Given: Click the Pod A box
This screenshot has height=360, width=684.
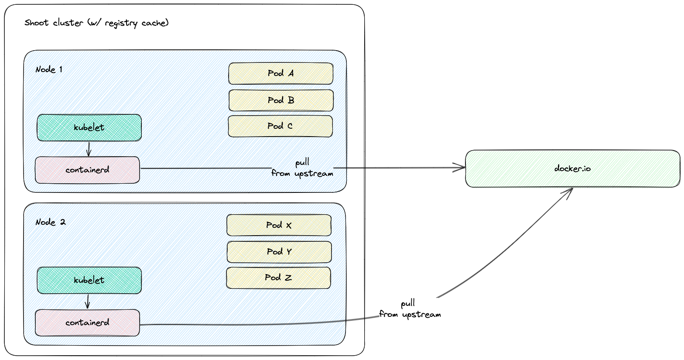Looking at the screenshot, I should pos(280,73).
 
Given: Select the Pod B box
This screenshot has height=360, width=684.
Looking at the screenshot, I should pos(281,100).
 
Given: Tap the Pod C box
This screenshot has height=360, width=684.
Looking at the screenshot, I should pos(280,126).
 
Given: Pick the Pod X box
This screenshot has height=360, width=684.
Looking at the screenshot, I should pos(279,225).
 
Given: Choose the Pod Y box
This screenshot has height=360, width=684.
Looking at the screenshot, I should pos(279,252).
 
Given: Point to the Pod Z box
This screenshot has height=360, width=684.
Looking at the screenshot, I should pos(278,278).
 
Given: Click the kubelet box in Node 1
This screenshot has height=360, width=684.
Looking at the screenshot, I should pos(89,127).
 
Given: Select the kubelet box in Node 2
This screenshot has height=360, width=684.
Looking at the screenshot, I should pos(89,280).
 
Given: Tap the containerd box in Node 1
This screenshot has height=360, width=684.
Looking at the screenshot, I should pos(87,170).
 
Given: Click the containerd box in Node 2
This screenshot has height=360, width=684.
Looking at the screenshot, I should pos(87,322).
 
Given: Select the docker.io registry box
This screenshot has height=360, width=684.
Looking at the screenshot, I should pos(572,168).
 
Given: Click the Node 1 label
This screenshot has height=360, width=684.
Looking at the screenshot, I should pos(49,69).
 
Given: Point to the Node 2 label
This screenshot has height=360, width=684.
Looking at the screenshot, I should pos(50,222).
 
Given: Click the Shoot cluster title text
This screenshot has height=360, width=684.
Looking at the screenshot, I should pos(96,23).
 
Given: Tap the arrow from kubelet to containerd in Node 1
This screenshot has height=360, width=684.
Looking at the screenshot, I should pos(89,149).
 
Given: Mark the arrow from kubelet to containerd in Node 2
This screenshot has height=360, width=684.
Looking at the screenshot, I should pos(88,302).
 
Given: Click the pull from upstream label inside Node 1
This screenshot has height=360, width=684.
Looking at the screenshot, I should pos(302,168).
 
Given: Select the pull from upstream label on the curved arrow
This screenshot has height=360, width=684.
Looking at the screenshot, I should pos(410,309).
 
